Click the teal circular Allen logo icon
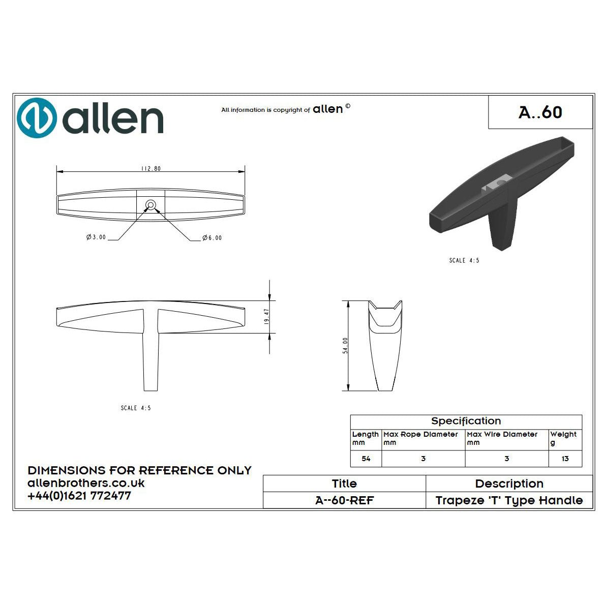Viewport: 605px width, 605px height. [x=37, y=117]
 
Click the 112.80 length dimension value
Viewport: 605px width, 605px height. [x=151, y=169]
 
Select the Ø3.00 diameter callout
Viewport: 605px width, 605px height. [x=96, y=237]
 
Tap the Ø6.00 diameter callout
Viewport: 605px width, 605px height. [x=212, y=238]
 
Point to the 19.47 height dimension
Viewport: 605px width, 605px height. [x=266, y=316]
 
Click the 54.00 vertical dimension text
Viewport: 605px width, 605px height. [x=345, y=345]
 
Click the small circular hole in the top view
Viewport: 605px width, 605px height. [x=150, y=205]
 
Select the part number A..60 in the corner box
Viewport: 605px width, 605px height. [x=540, y=112]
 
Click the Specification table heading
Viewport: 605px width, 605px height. [x=466, y=421]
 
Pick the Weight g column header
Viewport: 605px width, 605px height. [x=563, y=438]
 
